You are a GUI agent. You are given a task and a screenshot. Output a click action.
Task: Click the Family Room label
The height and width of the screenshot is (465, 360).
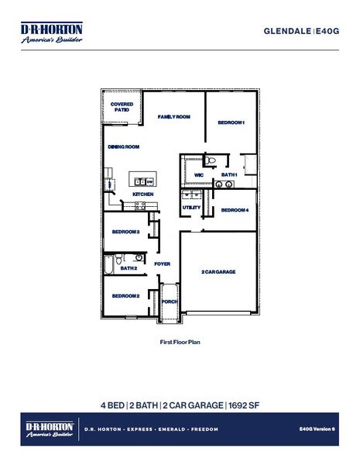coord(174,117)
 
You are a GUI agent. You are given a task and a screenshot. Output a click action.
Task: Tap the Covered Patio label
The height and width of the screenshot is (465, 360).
coord(122,108)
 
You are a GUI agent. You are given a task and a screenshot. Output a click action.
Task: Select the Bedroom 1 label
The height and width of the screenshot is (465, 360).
coord(231,123)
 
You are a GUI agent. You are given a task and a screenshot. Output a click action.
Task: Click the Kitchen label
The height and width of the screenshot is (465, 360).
coord(142,194)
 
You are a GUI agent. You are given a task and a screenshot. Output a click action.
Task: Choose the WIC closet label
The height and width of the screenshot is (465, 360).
coord(199,175)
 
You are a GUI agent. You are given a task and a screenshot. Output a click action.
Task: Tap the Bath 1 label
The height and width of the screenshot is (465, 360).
coord(229,175)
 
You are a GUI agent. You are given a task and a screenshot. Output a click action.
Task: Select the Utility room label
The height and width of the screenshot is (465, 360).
coord(191,208)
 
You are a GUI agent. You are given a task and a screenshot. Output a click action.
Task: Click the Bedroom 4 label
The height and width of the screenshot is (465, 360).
coord(235,210)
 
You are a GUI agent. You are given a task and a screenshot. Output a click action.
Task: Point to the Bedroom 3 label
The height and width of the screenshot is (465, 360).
coord(125,232)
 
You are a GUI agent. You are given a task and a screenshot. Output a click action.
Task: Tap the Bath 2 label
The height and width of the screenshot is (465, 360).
coord(129,268)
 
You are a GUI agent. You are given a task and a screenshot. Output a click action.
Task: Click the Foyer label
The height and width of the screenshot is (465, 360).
coord(162,264)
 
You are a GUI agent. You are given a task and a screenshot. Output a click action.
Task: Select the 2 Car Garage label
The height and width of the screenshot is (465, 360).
coord(218,272)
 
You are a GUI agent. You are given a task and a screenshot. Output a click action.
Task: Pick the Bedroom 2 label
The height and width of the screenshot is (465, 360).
coord(125,296)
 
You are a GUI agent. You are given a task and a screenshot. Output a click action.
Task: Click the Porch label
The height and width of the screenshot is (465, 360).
coord(170,301)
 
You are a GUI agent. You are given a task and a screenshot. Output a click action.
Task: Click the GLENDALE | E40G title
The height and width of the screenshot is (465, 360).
coord(301,30)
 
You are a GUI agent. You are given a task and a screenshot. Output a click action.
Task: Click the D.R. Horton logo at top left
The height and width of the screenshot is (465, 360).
coord(51,33)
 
